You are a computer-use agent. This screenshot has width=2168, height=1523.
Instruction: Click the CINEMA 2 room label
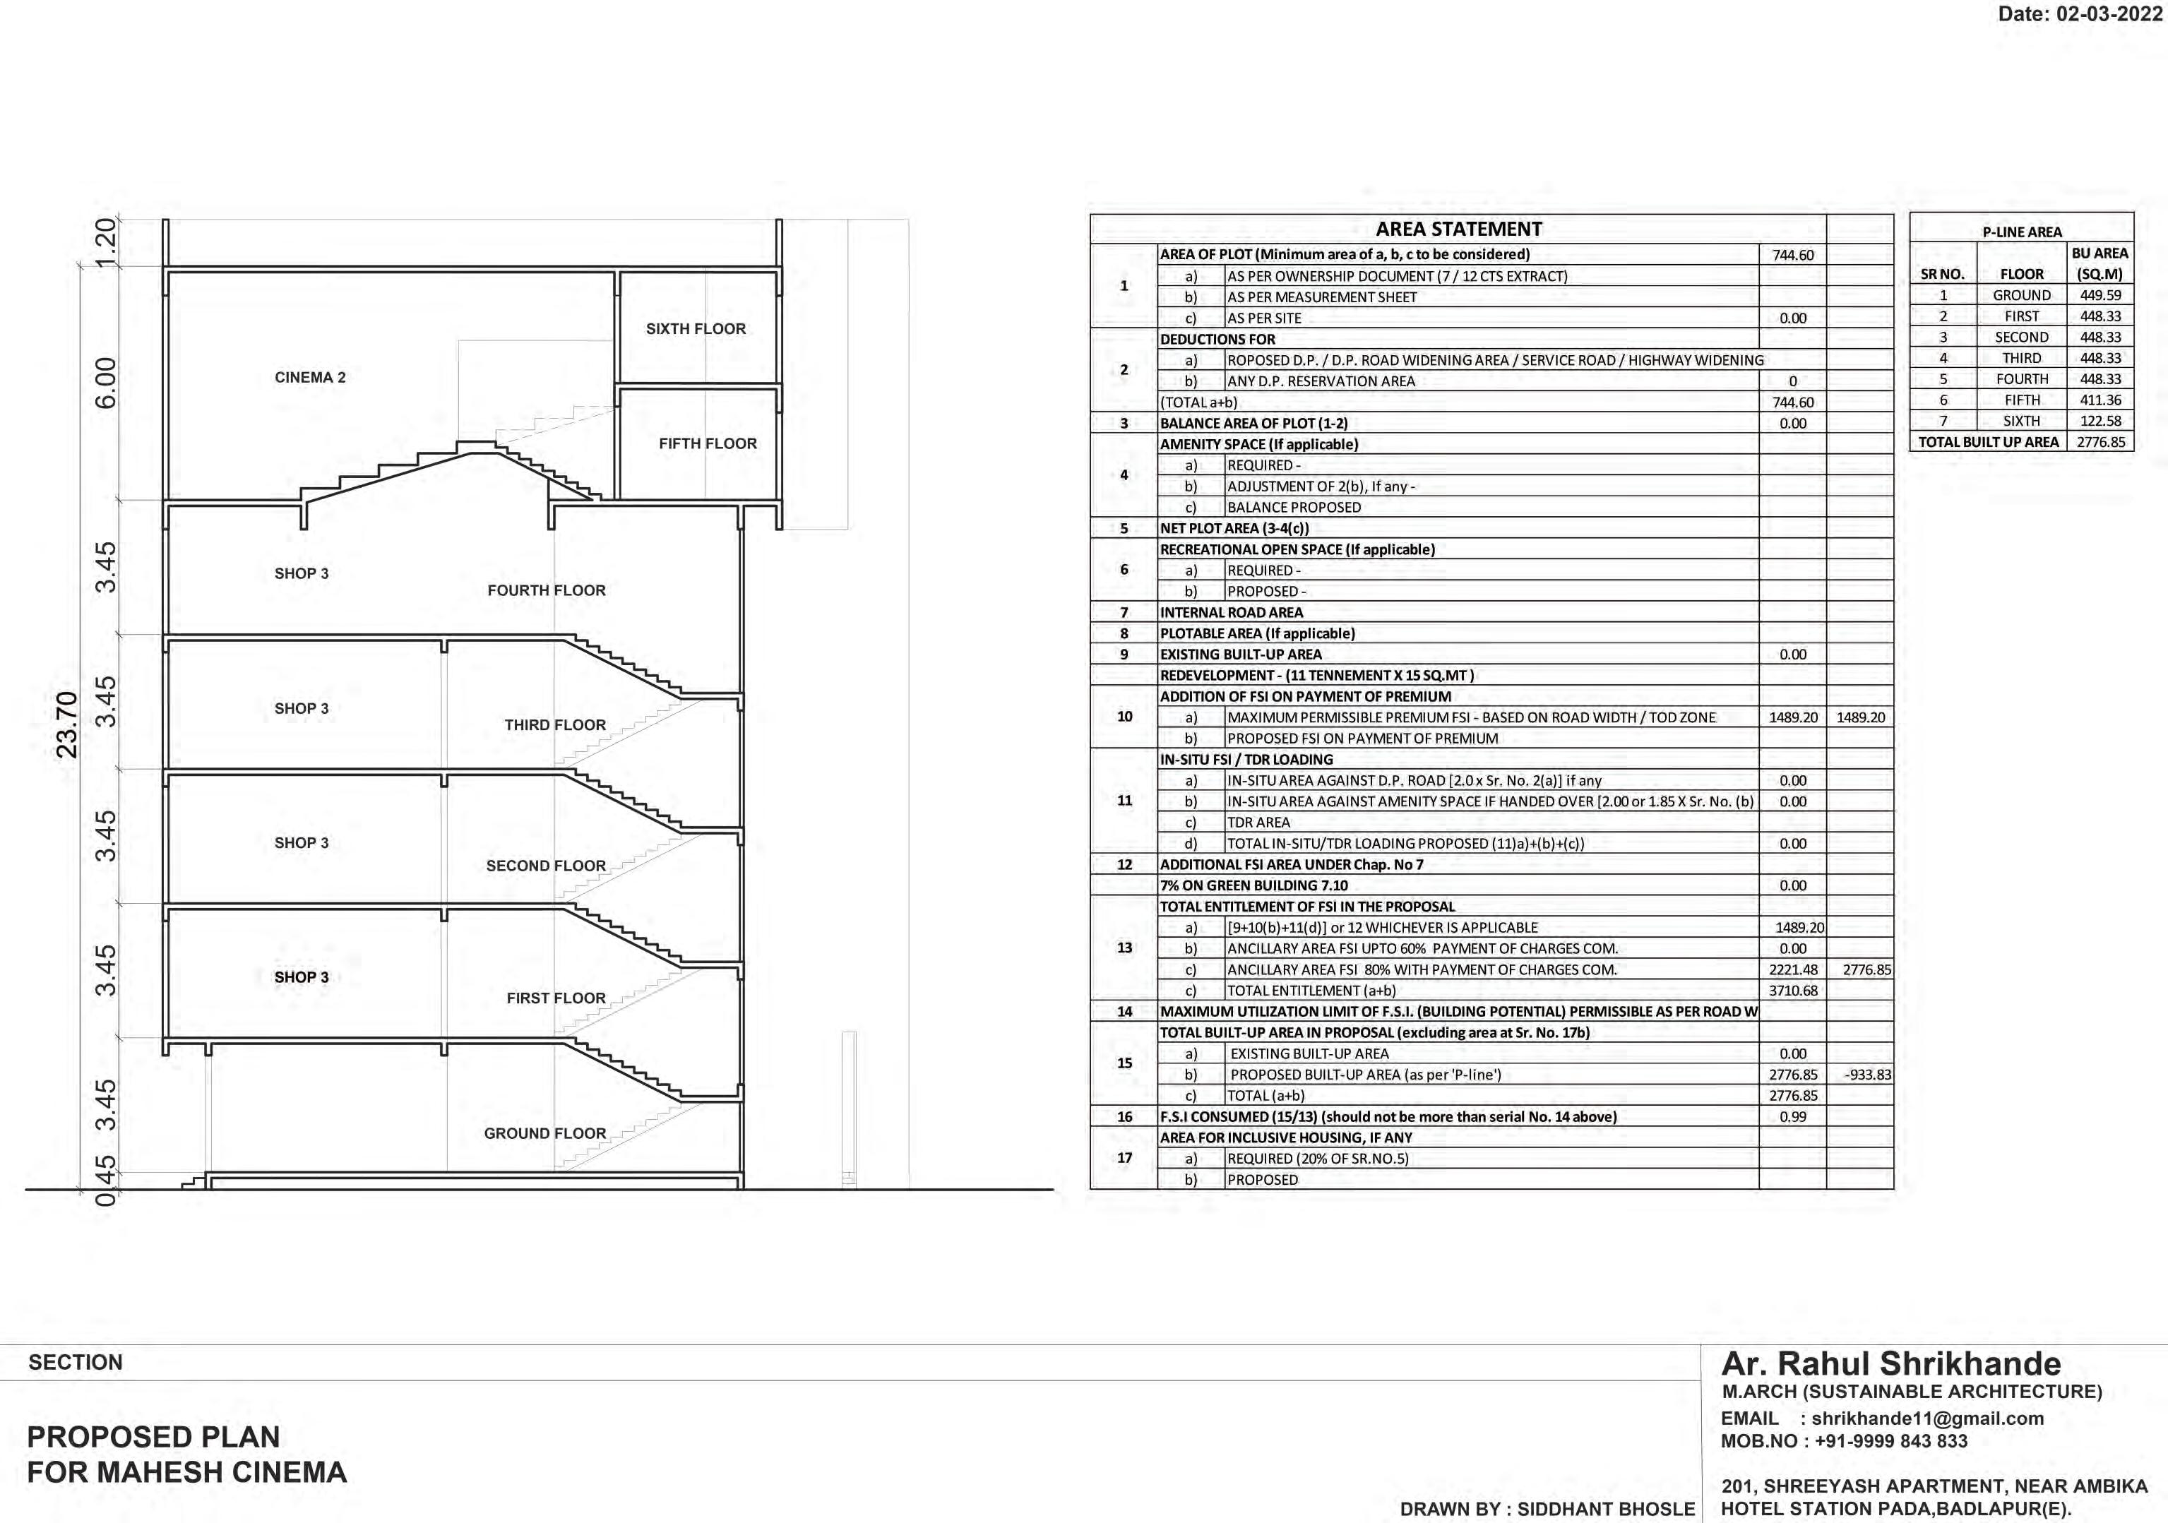310,378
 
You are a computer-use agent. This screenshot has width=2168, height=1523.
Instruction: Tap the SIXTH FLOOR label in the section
695,328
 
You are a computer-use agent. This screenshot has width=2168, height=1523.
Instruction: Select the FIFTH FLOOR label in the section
707,444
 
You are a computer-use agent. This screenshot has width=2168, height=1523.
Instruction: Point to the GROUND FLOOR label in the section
545,1133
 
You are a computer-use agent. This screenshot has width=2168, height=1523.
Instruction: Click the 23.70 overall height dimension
67,725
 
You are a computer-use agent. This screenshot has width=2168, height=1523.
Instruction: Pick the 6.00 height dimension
107,383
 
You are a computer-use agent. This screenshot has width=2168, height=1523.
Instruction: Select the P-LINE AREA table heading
2022,232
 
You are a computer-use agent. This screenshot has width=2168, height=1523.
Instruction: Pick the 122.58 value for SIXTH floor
2100,421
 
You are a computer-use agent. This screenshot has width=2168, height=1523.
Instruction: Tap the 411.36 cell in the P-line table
2100,400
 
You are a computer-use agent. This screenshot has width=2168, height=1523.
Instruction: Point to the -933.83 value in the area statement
1866,1075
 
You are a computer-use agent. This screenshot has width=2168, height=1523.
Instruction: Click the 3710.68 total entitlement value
1792,991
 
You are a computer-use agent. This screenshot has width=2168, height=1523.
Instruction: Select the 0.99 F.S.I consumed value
1792,1117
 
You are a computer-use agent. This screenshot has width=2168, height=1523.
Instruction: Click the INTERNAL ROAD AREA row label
1232,613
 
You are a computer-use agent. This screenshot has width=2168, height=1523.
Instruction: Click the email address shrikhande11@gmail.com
1927,1419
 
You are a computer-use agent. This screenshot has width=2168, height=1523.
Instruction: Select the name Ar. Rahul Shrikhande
1890,1364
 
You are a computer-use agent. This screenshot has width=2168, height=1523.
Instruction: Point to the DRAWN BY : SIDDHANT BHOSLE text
1547,1509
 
